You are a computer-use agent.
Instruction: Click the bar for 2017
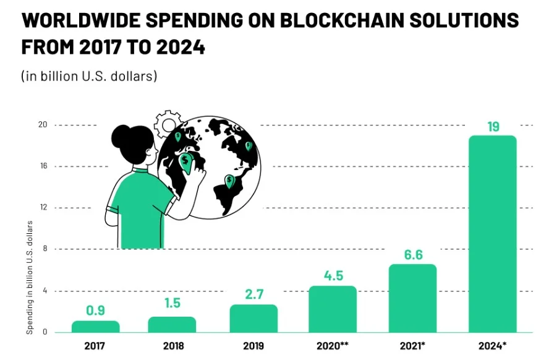95,327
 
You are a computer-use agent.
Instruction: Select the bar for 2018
172,325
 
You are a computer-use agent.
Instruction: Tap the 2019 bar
254,319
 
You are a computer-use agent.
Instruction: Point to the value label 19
493,127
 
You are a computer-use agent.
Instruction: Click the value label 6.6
412,255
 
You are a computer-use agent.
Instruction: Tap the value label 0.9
95,311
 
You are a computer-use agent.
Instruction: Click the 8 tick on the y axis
45,249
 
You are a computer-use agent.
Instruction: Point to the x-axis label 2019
254,346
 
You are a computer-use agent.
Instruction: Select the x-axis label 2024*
493,346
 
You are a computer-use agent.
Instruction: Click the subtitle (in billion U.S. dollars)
89,76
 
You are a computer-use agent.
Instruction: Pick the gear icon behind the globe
166,123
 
